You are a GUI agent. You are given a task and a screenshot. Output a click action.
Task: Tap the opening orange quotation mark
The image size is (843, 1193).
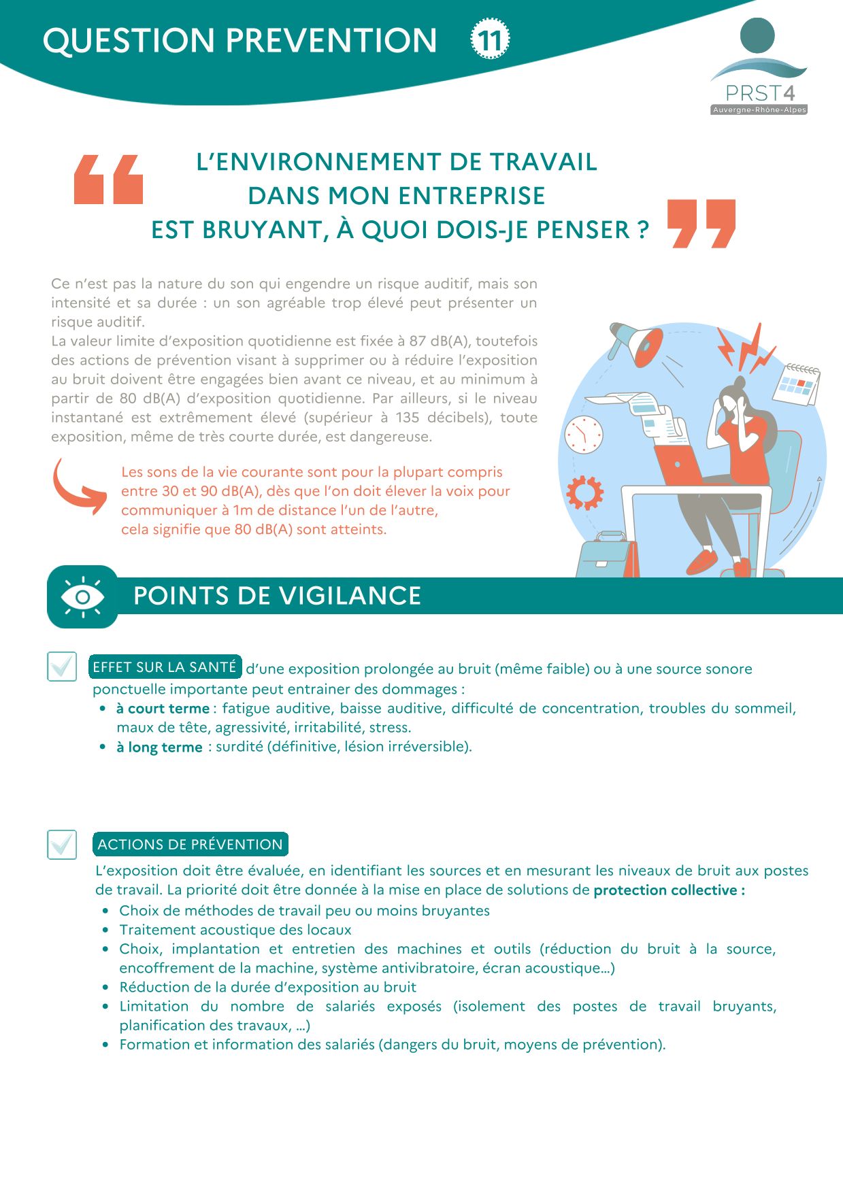point(108,180)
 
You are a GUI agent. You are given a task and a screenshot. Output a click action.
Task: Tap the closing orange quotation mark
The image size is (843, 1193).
point(701,223)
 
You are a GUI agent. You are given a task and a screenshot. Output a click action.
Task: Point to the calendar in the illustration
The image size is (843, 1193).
point(797,384)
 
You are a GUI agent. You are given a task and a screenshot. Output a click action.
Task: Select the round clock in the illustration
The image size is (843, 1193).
point(583,434)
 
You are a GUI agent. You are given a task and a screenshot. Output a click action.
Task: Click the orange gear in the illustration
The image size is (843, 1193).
point(584,492)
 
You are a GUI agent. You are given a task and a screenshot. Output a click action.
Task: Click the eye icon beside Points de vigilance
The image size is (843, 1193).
point(82,596)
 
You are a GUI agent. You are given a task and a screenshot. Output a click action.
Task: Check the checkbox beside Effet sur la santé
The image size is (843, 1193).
point(62,666)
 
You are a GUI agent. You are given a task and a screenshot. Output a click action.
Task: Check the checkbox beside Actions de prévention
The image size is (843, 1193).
point(62,844)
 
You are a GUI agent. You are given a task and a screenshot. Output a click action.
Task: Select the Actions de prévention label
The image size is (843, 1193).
point(190,845)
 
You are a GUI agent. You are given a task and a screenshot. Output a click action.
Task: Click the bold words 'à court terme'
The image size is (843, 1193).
point(163,709)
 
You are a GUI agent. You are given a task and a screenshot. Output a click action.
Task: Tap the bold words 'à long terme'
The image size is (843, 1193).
point(159,747)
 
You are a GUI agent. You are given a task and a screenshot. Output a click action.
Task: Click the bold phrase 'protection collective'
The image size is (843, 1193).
point(665,890)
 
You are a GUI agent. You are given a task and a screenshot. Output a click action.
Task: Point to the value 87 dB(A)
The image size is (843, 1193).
point(439,341)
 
